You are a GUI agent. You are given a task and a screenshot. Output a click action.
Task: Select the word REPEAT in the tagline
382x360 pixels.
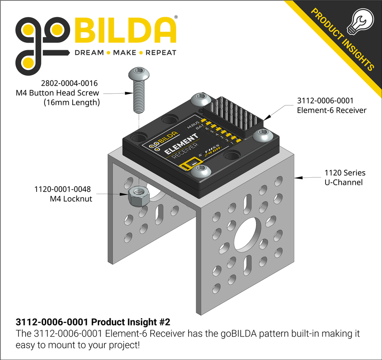(161, 53)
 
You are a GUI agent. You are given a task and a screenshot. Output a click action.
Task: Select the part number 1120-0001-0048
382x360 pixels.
(62, 189)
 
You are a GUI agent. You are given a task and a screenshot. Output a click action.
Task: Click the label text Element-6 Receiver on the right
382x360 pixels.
(331, 110)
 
